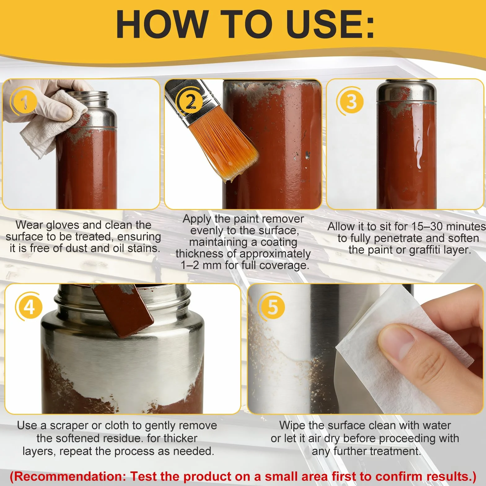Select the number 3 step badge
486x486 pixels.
click(351, 101)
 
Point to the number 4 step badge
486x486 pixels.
click(29, 307)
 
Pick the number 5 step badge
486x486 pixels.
click(272, 307)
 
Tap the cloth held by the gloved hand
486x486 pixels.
click(53, 124)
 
